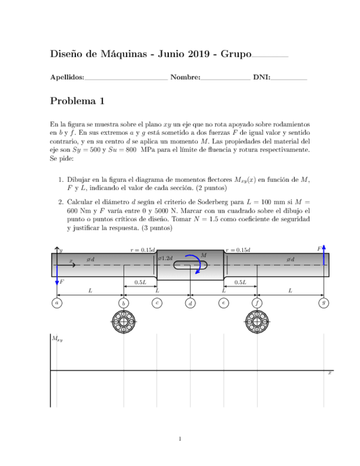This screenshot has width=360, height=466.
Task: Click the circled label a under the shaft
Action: pos(57,302)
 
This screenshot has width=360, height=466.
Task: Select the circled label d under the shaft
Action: pos(190,302)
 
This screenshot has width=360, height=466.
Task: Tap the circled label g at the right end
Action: pos(324,302)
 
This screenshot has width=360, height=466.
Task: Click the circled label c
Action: pos(157,302)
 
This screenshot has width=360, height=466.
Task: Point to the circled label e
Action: pos(223,302)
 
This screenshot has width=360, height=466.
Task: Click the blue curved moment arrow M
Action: pos(195,262)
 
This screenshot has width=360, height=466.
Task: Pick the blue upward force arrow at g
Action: pos(325,255)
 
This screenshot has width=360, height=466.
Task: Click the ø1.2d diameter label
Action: pos(165,258)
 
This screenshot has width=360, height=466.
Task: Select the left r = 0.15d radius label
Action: pos(142,249)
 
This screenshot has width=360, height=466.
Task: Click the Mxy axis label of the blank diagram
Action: pos(57,339)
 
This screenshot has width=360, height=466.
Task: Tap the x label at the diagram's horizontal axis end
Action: pos(329,373)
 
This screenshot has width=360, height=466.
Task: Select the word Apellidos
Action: pos(67,77)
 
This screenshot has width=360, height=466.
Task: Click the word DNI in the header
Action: pos(261,77)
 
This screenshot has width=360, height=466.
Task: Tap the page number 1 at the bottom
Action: pos(180,439)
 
